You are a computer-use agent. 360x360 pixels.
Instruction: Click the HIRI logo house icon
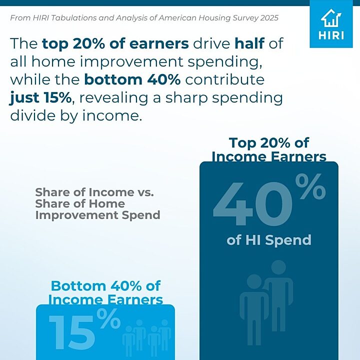click(x=331, y=17)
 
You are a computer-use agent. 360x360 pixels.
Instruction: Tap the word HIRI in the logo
click(x=331, y=35)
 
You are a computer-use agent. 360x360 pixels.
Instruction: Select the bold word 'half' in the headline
click(x=249, y=43)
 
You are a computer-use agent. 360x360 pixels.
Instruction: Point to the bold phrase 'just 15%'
click(x=40, y=98)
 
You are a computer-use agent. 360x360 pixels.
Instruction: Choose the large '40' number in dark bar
click(x=253, y=203)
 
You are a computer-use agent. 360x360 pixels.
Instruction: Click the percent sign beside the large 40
click(x=310, y=186)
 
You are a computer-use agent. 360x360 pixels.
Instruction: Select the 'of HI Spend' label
click(x=269, y=240)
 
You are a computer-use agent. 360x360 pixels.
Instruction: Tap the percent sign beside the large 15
click(x=108, y=318)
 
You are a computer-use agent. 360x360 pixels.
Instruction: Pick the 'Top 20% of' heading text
click(x=269, y=143)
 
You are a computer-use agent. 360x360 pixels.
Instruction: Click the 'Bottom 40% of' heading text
click(x=105, y=286)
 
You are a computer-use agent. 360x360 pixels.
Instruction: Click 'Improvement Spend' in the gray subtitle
click(x=98, y=215)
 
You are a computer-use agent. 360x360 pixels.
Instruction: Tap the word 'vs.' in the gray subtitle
click(x=145, y=192)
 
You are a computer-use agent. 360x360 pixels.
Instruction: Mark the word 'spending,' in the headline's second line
click(x=225, y=62)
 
